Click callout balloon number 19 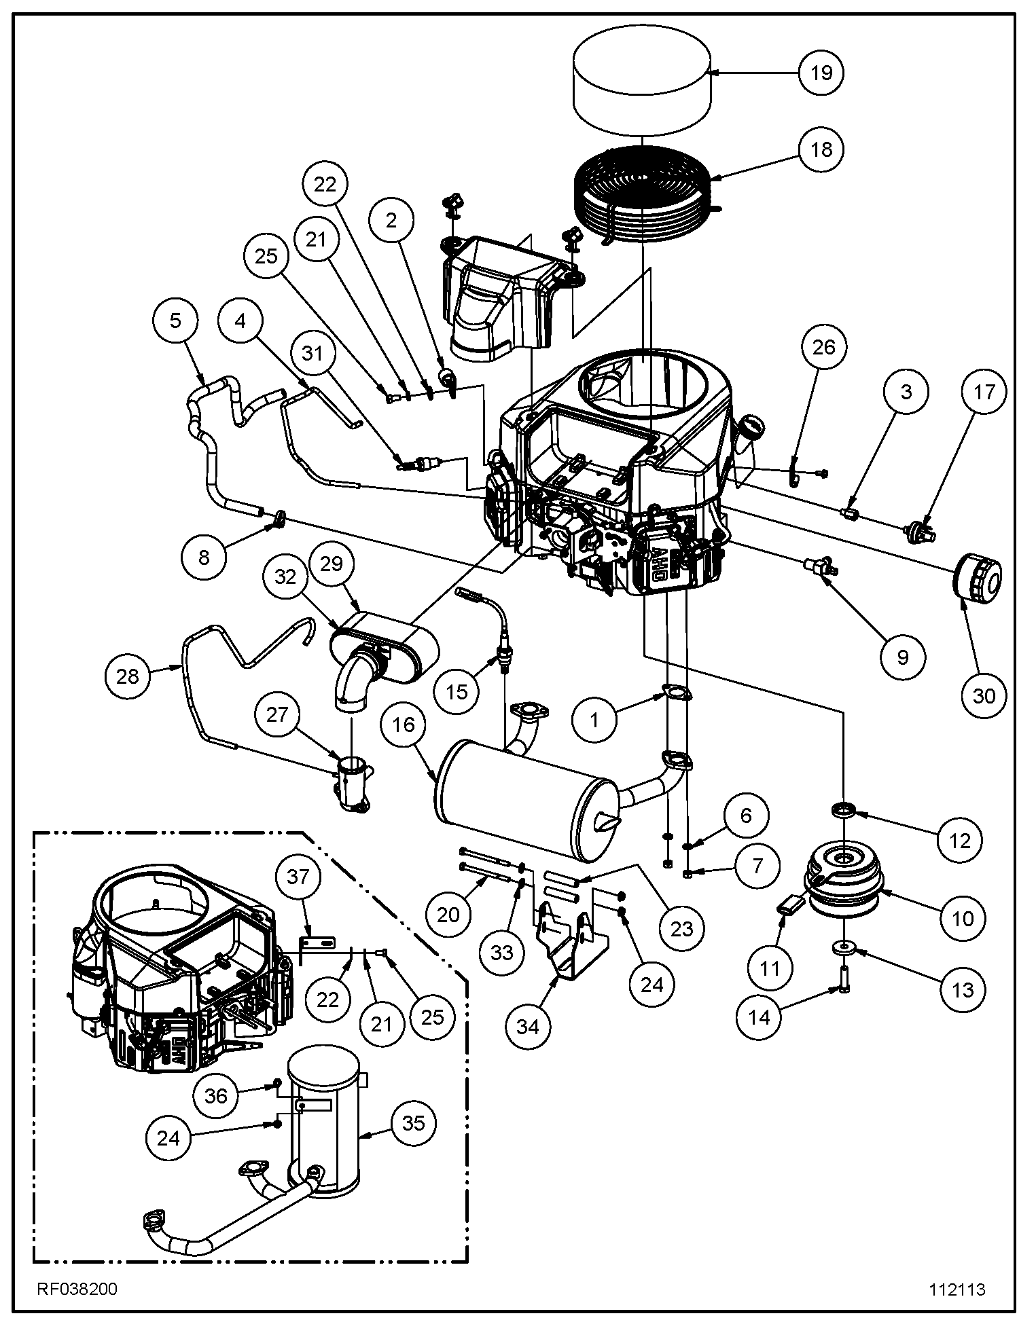pyautogui.click(x=821, y=72)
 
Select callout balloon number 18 pyautogui.click(x=821, y=149)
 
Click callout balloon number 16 pyautogui.click(x=404, y=725)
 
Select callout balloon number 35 pyautogui.click(x=413, y=1123)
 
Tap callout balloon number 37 pyautogui.click(x=298, y=877)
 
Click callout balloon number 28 pyautogui.click(x=128, y=676)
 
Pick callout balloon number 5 pyautogui.click(x=176, y=321)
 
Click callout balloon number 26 pyautogui.click(x=823, y=347)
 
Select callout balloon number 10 pyautogui.click(x=963, y=919)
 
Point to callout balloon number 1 pyautogui.click(x=594, y=720)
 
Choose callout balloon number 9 pyautogui.click(x=902, y=657)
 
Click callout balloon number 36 pyautogui.click(x=216, y=1096)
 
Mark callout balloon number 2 pyautogui.click(x=392, y=220)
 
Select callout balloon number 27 pyautogui.click(x=277, y=714)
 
